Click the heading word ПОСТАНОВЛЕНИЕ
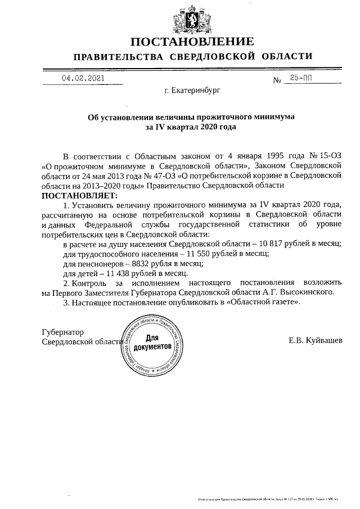coord(192,42)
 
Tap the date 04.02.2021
coord(83,79)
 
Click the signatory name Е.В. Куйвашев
coord(318,340)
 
